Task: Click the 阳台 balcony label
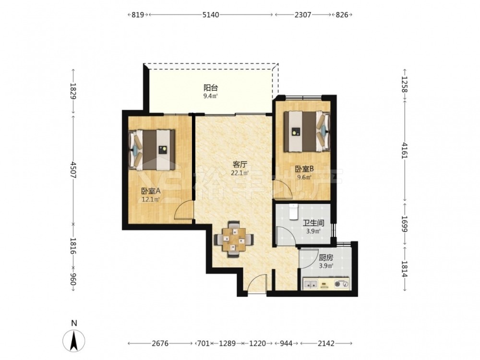pyautogui.click(x=211, y=88)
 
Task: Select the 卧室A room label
pyautogui.click(x=151, y=191)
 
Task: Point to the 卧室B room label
pyautogui.click(x=304, y=168)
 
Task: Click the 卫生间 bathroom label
pyautogui.click(x=313, y=223)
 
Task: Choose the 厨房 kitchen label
pyautogui.click(x=326, y=258)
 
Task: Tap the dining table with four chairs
pyautogui.click(x=234, y=239)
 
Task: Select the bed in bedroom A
pyautogui.click(x=152, y=150)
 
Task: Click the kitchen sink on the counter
pyautogui.click(x=311, y=284)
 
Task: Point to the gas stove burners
pyautogui.click(x=341, y=284)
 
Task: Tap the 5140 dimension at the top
pyautogui.click(x=211, y=15)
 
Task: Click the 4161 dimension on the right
pyautogui.click(x=405, y=150)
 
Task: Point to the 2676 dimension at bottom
pyautogui.click(x=160, y=344)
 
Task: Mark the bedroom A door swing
pyautogui.click(x=184, y=210)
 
